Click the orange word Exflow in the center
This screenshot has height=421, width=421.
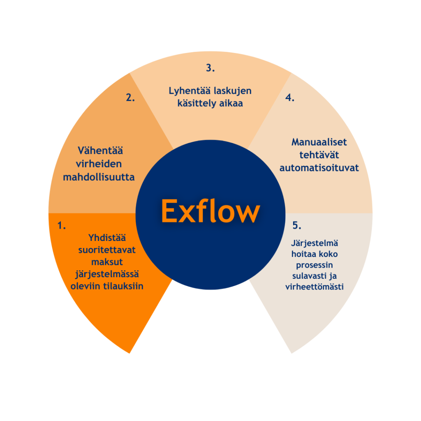[210, 211]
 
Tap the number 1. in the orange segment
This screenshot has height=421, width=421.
[62, 225]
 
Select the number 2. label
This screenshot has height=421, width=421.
[130, 98]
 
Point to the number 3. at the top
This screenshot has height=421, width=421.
[210, 68]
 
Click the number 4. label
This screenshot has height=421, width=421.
[290, 98]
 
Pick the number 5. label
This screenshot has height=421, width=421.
[297, 225]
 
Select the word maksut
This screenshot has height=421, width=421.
[107, 262]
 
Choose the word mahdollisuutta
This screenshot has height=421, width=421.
[99, 177]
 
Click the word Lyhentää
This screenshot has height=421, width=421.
[189, 90]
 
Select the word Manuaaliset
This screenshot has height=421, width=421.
[319, 142]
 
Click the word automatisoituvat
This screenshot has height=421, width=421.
[319, 168]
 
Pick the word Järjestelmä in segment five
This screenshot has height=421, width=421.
[315, 243]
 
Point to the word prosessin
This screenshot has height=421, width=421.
[315, 265]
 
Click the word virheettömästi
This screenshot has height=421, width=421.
[315, 287]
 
